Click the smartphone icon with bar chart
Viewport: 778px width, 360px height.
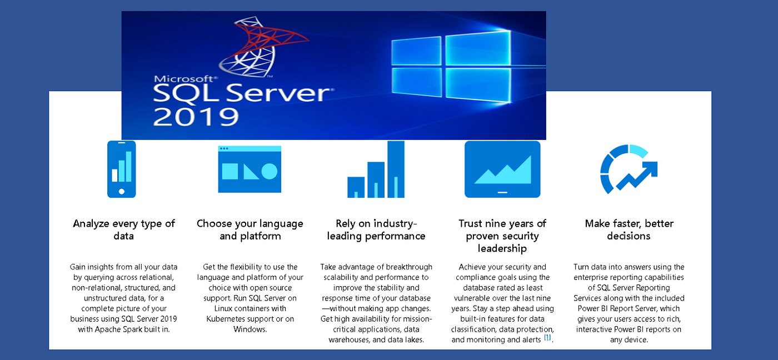122,169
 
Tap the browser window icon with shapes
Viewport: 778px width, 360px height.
250,169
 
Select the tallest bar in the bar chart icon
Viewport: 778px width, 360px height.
396,169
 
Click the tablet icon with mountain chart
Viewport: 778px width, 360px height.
502,169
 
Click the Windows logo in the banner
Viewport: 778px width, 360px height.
451,66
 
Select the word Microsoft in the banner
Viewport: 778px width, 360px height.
186,79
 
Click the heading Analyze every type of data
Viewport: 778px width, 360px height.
123,229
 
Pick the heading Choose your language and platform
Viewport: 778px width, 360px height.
250,229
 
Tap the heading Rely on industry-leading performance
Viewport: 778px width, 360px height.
376,229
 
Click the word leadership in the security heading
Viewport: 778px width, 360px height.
502,248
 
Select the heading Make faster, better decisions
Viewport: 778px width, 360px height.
629,229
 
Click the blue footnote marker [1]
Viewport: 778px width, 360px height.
547,337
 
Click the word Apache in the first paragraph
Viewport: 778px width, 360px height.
107,329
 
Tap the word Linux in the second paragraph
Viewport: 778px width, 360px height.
223,308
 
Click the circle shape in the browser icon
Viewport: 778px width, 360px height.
269,171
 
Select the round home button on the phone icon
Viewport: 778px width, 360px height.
122,191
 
